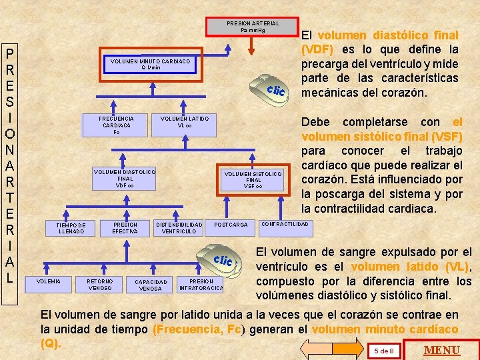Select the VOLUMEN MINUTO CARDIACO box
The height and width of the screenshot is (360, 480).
click(x=150, y=64)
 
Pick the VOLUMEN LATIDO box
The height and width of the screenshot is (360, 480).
click(x=185, y=122)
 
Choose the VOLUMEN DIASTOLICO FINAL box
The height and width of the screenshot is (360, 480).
click(x=125, y=179)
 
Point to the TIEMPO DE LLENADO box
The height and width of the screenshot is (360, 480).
click(x=71, y=228)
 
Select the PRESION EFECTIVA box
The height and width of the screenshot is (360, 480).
click(x=125, y=228)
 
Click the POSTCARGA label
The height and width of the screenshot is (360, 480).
click(x=231, y=225)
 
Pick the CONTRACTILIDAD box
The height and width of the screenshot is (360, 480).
click(x=285, y=224)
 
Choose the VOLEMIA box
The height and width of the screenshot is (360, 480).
click(x=48, y=281)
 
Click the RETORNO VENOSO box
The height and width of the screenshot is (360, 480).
click(x=100, y=285)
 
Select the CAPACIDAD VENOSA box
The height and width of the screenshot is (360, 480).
click(x=151, y=285)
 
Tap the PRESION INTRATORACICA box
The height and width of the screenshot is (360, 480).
click(x=201, y=285)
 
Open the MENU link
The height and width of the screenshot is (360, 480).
click(x=442, y=350)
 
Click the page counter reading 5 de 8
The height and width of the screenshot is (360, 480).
click(x=383, y=351)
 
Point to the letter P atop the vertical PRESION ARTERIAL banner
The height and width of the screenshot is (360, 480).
click(x=11, y=55)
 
